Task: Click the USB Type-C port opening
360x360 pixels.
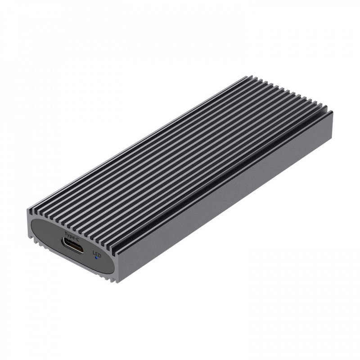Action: (72, 247)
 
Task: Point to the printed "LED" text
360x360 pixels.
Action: (96, 254)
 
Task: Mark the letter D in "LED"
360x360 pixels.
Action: (99, 255)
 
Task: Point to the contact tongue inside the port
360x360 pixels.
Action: (72, 247)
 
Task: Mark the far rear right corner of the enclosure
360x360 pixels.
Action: (332, 112)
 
